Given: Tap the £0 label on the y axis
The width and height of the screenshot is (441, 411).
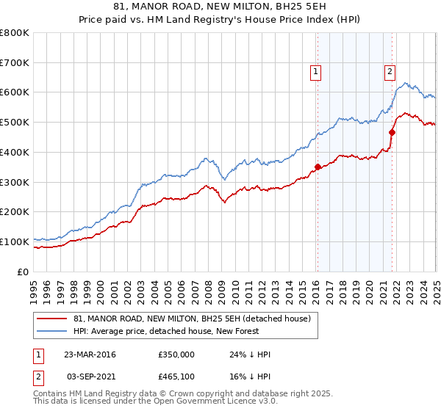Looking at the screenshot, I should tap(24, 272).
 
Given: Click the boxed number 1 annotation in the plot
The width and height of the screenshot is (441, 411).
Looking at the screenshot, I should tap(315, 71).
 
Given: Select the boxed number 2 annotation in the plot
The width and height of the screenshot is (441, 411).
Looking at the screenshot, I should tap(389, 71).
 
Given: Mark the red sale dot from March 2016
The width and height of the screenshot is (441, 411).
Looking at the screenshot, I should tap(318, 167).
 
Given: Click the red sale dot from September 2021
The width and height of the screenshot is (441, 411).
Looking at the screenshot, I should tap(392, 133).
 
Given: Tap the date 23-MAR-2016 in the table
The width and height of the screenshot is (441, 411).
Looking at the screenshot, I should tap(90, 354).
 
